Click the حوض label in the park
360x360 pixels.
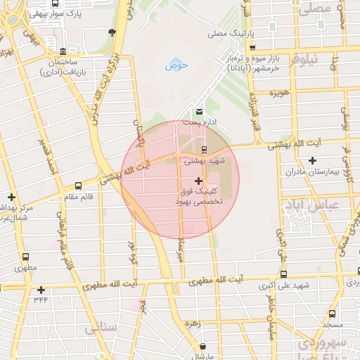click(x=174, y=66)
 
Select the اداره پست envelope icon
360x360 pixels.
click(x=199, y=112)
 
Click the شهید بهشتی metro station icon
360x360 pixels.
click(x=204, y=149)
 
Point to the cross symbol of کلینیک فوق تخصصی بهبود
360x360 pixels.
click(x=198, y=181)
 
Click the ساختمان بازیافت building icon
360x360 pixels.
click(x=63, y=52)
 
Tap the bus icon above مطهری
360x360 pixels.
click(x=26, y=257)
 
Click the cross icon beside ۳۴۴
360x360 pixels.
click(x=41, y=290)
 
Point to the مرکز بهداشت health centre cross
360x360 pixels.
click(x=11, y=198)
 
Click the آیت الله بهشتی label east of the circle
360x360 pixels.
click(x=295, y=143)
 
